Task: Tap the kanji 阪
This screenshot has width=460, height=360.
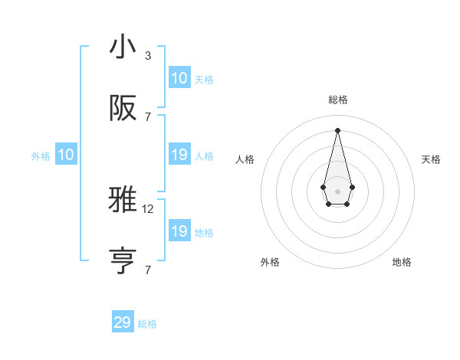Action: tap(123, 108)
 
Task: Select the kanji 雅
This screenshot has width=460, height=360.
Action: tap(123, 201)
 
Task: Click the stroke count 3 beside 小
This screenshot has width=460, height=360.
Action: tap(147, 55)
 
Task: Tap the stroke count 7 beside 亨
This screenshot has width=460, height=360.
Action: tap(147, 270)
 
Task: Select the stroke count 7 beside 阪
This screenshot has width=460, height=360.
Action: tap(147, 116)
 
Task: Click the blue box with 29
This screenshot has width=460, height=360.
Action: tap(123, 322)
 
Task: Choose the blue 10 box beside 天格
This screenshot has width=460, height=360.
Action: tap(179, 78)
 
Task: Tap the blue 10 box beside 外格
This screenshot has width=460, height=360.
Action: tap(66, 155)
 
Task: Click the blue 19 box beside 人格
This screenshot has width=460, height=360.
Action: tap(179, 155)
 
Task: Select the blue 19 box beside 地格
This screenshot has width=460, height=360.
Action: tap(179, 231)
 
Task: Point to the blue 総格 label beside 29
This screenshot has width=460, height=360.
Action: tap(147, 324)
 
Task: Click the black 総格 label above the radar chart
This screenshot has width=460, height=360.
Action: tap(338, 100)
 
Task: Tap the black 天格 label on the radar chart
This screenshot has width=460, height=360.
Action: tap(431, 159)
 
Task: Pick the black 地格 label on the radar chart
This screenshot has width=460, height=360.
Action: tap(402, 262)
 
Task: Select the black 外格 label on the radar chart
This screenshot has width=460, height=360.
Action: tap(270, 262)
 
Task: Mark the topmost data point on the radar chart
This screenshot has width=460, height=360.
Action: tap(337, 129)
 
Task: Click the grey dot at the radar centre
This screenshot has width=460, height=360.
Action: tap(337, 191)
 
